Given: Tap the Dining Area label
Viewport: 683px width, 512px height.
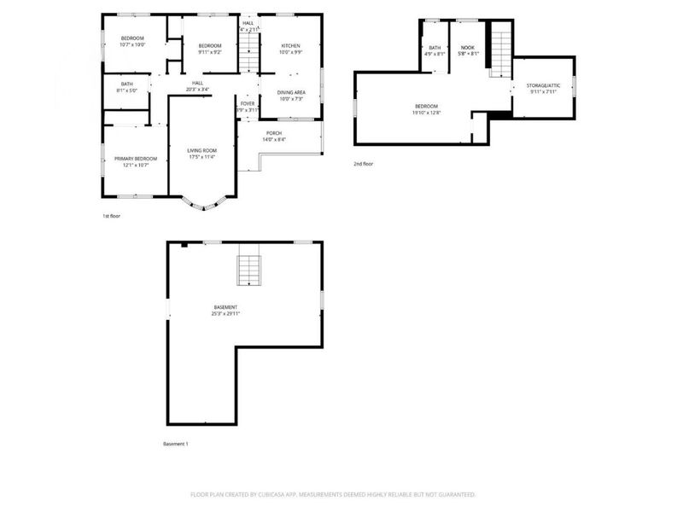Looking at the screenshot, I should (x=291, y=96).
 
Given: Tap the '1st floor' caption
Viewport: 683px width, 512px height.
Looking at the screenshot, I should (x=111, y=216).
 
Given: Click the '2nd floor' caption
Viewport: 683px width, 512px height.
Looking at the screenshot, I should (x=363, y=163).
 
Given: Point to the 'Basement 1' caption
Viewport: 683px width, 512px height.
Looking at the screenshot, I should (x=175, y=444).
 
